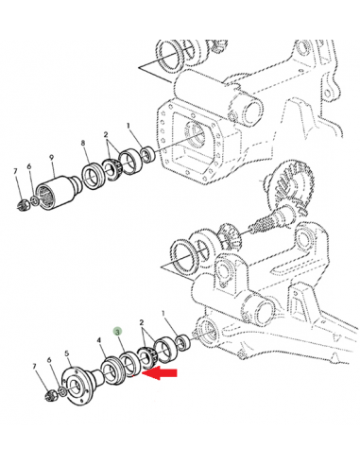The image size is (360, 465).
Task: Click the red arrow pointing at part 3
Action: (160, 373)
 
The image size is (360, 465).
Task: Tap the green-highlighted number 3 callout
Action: (118, 332)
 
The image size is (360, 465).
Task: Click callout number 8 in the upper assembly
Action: (83, 143)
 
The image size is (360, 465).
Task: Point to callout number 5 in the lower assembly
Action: (67, 353)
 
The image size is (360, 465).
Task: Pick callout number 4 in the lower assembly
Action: (99, 340)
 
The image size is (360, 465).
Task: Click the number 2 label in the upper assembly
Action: (106, 134)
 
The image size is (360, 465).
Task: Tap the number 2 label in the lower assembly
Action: (142, 322)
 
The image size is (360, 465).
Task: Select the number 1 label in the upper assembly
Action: (129, 126)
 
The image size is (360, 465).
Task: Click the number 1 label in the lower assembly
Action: (163, 314)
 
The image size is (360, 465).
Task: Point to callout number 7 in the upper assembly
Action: (15, 171)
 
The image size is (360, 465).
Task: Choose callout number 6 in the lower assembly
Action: (49, 360)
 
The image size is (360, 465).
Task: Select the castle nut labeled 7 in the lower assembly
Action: (51, 394)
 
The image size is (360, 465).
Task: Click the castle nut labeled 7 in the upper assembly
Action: (23, 205)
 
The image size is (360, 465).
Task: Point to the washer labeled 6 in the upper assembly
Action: (35, 199)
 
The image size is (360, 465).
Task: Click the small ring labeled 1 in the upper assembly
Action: (147, 154)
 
